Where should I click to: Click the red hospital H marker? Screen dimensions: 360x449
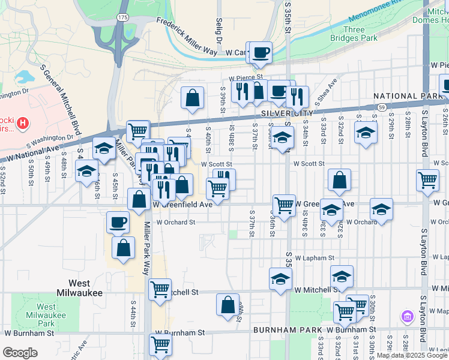pyautogui.click(x=23, y=124)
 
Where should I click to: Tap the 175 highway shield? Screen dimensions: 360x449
pyautogui.click(x=123, y=18)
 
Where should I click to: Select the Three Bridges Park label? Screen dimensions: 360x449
pyautogui.click(x=354, y=34)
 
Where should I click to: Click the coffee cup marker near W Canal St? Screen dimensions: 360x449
pyautogui.click(x=261, y=53)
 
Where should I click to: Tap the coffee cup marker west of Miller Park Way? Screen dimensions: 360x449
pyautogui.click(x=118, y=223)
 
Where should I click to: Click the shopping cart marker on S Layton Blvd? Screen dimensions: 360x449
pyautogui.click(x=427, y=179)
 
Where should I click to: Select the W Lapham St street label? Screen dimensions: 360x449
pyautogui.click(x=314, y=258)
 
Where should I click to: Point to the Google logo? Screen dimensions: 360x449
pyautogui.click(x=20, y=353)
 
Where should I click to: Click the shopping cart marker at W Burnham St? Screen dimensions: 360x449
pyautogui.click(x=160, y=344)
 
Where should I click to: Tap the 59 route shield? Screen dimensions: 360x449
pyautogui.click(x=382, y=107)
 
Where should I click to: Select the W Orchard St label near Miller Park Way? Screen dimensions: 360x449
pyautogui.click(x=175, y=222)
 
